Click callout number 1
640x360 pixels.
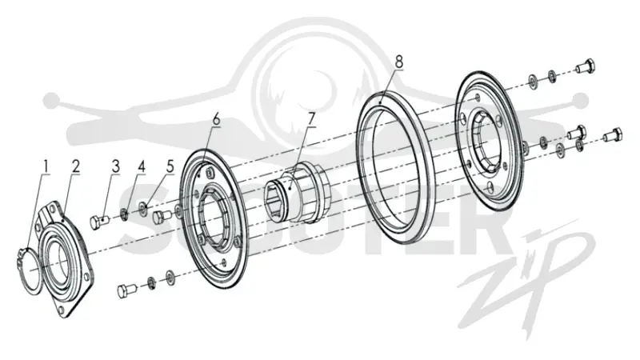click(46, 166)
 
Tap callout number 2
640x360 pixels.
click(75, 166)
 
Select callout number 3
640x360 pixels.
click(116, 166)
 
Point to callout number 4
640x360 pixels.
click(142, 166)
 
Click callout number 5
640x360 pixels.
click(170, 166)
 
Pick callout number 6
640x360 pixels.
click(216, 119)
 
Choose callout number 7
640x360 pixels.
click(311, 119)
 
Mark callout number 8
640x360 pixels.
click(398, 62)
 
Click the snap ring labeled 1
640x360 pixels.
click(29, 270)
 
